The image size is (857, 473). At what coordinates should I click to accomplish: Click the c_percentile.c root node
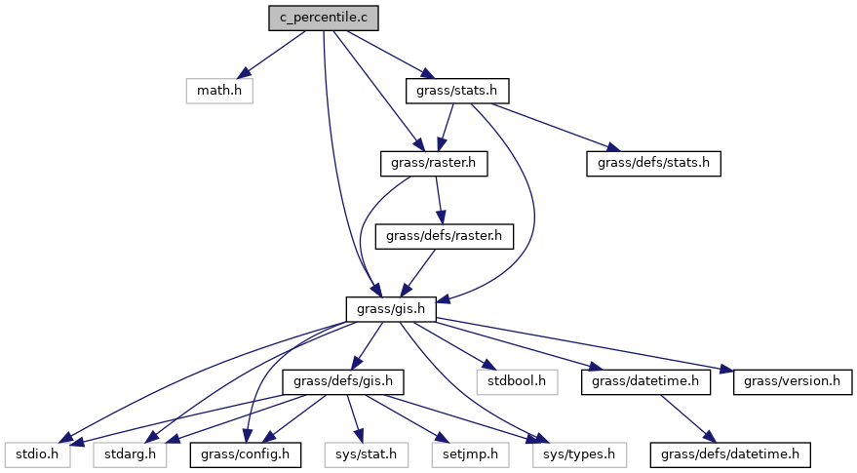[x=324, y=18]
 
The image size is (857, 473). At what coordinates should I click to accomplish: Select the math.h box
[x=219, y=91]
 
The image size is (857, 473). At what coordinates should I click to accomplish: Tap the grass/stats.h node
[x=457, y=91]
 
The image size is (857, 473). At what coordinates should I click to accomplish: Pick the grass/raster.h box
[x=433, y=164]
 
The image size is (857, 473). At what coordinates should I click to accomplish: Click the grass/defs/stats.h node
[x=653, y=164]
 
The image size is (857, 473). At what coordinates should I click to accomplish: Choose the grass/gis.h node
[x=390, y=309]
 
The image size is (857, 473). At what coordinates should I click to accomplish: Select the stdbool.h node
[x=517, y=381]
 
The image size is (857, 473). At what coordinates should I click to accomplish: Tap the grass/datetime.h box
[x=644, y=381]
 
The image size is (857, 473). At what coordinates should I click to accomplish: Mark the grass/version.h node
[x=793, y=381]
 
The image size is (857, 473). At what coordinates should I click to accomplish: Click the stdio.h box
[x=36, y=453]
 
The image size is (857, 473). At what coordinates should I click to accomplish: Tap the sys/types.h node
[x=580, y=453]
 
